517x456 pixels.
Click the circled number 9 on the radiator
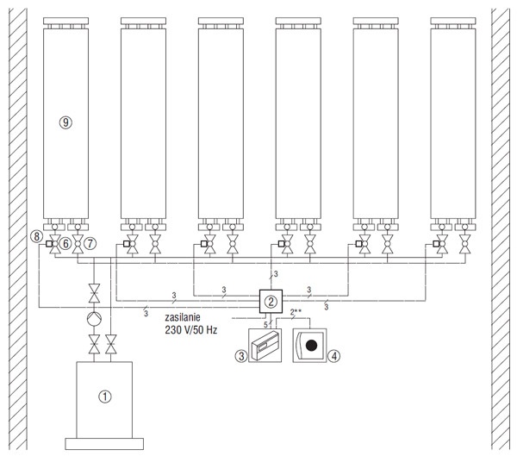pos(65,122)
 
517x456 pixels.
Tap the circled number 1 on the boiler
pos(105,397)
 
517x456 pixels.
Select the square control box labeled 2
pos(271,301)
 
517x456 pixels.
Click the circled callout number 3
pos(241,356)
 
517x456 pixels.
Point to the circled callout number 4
pos(334,356)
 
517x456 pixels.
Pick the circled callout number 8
pos(36,236)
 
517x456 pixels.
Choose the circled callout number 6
pos(65,244)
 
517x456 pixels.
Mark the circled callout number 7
pos(90,244)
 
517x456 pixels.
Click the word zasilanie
pos(183,318)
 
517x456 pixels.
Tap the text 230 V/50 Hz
pos(191,330)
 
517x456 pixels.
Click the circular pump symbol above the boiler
pos(94,319)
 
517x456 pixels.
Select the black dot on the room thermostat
pos(311,346)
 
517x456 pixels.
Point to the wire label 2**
pos(296,311)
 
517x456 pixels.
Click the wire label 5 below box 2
pos(265,325)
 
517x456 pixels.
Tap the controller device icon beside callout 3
pos(265,346)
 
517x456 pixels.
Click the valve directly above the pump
pos(94,293)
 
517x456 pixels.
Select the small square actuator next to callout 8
pos(49,244)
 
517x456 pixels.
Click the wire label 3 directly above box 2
pos(276,274)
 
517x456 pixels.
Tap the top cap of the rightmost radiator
pos(453,21)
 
